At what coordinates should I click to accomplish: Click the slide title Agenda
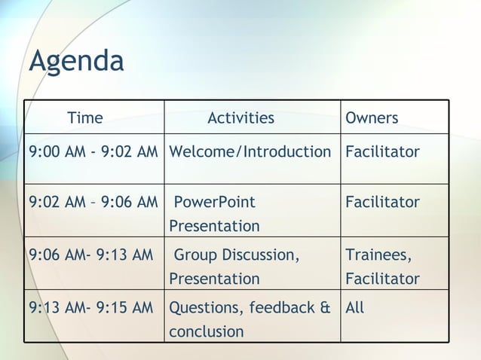point(76,62)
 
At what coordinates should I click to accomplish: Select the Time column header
point(85,117)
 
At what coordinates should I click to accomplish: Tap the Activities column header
point(240,117)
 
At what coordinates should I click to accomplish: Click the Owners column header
point(372,117)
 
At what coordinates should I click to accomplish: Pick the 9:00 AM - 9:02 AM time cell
point(93,152)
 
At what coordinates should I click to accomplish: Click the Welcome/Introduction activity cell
point(250,152)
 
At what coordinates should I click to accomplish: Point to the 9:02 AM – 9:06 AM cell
point(93,202)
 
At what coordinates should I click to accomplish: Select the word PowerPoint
point(214,202)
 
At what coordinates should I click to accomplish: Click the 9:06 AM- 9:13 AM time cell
point(90,255)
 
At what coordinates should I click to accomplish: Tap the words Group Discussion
point(237,255)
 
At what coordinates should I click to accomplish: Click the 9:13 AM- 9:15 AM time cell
point(90,307)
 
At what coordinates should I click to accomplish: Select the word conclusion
point(206,331)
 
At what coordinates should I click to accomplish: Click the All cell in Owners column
point(354,307)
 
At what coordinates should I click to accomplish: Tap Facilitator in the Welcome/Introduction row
point(382,152)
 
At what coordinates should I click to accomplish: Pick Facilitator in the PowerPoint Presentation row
point(382,202)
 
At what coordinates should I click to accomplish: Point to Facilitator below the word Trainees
point(382,279)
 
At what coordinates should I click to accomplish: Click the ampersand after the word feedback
point(325,307)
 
